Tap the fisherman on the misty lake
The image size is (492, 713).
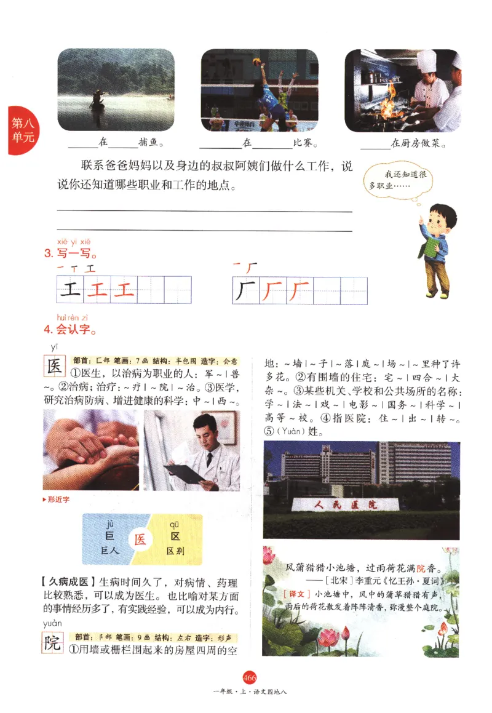(x=97, y=98)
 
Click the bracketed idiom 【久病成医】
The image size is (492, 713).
(x=64, y=582)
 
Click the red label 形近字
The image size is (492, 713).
(x=58, y=499)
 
